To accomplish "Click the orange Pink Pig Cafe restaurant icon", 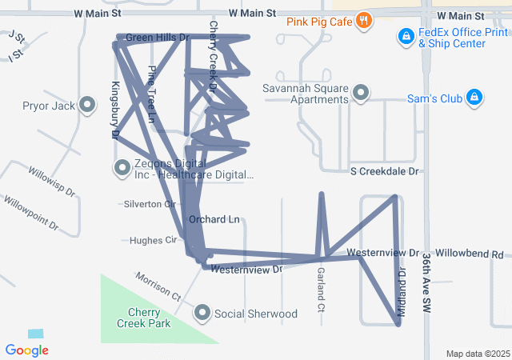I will [364, 19].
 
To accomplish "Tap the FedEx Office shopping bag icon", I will [406, 37].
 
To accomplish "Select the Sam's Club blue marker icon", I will [474, 98].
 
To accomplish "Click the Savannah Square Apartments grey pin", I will [360, 94].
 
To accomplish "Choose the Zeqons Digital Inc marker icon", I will [122, 168].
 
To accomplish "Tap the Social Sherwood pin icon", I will [202, 314].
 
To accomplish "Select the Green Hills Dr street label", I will [157, 38].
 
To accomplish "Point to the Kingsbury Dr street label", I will [114, 111].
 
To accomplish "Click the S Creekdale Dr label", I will [385, 171].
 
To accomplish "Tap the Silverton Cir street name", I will [149, 204].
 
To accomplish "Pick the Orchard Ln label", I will [214, 219].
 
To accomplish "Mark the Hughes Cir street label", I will [152, 240].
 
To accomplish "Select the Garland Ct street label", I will [321, 290].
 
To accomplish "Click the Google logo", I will [27, 350].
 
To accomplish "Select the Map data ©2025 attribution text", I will [477, 354].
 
